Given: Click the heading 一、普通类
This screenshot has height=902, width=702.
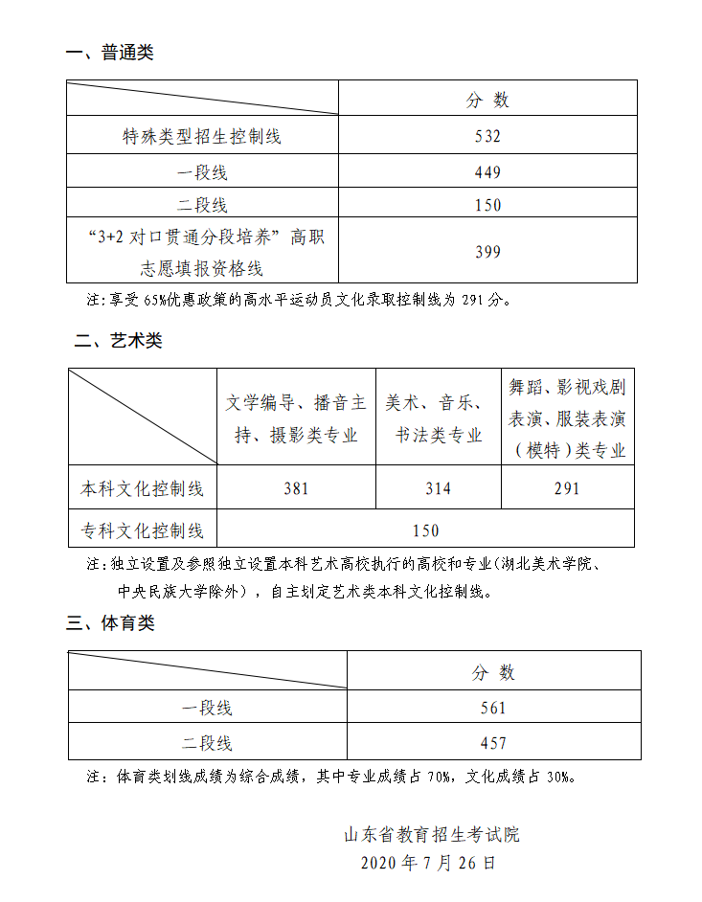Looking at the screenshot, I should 109,53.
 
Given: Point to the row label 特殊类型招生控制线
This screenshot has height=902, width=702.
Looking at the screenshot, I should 202,136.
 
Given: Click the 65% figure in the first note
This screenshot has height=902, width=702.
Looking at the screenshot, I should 155,300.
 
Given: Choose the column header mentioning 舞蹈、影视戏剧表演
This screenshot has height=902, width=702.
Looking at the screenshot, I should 567,418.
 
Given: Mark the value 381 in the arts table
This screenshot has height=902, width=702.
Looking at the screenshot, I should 296,488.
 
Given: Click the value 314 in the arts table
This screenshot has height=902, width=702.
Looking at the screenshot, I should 439,488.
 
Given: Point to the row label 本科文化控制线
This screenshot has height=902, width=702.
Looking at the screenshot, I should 142,488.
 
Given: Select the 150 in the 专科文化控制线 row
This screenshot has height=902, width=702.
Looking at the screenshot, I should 425,530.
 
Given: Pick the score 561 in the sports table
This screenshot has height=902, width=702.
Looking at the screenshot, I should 493,708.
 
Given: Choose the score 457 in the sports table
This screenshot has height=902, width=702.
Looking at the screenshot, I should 493,743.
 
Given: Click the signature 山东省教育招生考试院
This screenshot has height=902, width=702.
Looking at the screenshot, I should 432,835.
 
